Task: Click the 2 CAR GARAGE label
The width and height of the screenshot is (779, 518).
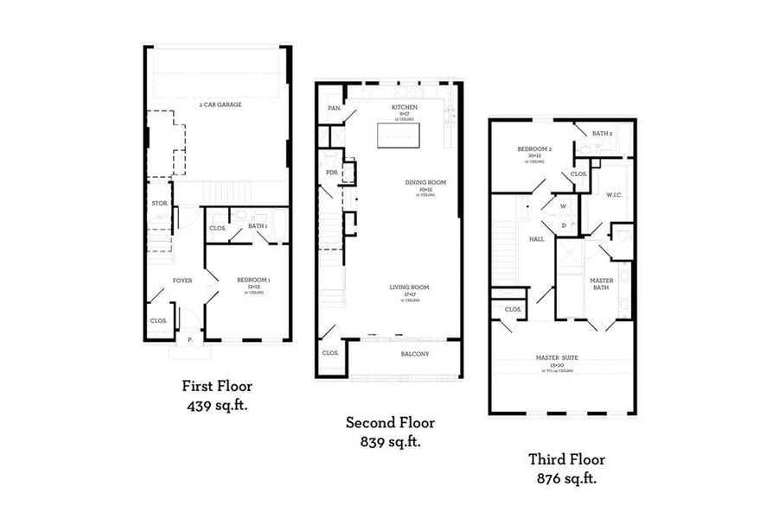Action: tap(217, 104)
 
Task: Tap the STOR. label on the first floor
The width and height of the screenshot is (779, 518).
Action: tap(158, 204)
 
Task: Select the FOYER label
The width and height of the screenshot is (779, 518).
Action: tap(182, 281)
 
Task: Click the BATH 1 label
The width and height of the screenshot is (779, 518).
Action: tap(257, 226)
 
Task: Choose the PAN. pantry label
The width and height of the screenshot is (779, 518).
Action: tap(333, 108)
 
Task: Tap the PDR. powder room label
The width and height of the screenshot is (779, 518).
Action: tap(331, 172)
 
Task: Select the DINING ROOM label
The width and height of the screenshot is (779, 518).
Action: tap(425, 182)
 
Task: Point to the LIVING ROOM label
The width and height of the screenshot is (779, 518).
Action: tap(409, 287)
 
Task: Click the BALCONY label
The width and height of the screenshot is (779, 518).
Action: tap(414, 354)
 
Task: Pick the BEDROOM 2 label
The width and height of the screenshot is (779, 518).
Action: tap(534, 149)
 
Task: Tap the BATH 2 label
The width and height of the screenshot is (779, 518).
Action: tap(603, 134)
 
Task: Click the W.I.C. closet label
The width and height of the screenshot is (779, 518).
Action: tap(615, 194)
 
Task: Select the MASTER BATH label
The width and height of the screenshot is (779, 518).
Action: tap(602, 284)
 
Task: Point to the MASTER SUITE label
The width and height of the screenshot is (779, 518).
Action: tap(557, 357)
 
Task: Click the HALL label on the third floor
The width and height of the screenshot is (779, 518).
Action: tap(536, 239)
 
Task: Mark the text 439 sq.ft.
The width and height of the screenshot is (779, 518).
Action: tap(217, 405)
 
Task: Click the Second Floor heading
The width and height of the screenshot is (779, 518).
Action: tap(390, 423)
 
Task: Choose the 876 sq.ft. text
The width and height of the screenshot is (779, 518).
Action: tap(566, 478)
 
